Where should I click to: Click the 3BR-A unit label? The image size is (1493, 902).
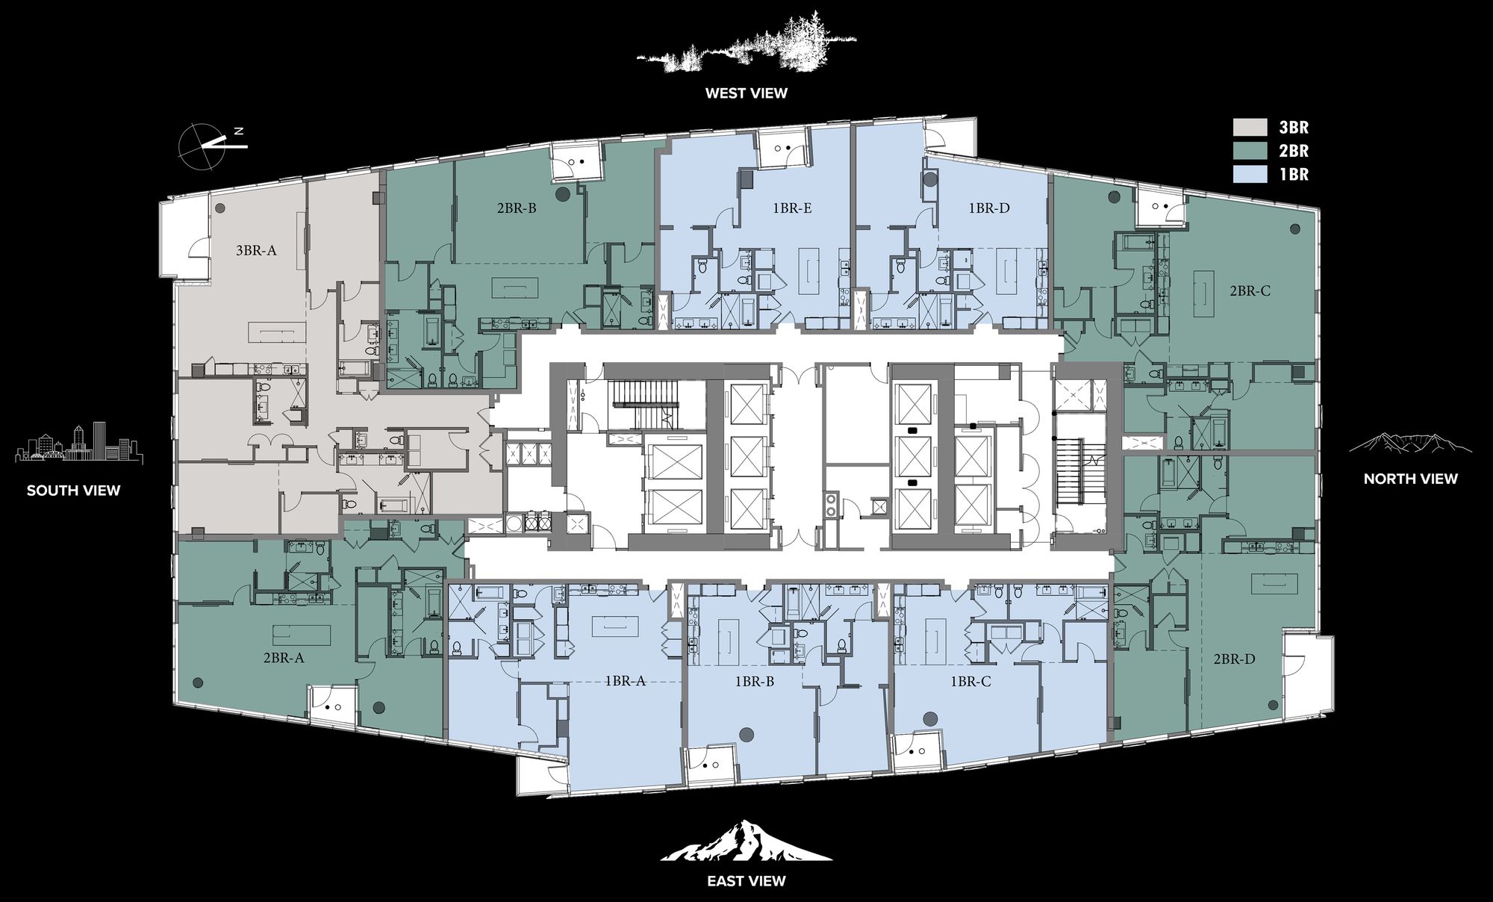[256, 251]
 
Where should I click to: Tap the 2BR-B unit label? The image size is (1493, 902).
[517, 208]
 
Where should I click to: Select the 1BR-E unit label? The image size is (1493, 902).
[791, 208]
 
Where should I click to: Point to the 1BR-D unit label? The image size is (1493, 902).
[989, 208]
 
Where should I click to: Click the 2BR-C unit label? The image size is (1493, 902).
[1250, 291]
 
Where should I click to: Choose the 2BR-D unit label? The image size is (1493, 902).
[1234, 659]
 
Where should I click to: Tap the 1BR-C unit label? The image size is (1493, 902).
[970, 682]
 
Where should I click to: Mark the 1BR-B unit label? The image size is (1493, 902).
[754, 682]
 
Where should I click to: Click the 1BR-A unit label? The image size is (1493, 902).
[625, 681]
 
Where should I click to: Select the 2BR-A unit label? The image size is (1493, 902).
[283, 659]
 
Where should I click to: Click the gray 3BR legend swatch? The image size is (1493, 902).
[1250, 128]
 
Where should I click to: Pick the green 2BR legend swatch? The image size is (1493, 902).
[1250, 151]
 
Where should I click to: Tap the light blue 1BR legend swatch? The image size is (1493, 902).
[1250, 174]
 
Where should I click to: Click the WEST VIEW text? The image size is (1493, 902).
[746, 93]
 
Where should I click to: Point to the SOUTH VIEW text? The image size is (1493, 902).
[73, 491]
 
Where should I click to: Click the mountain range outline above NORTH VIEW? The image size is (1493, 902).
[1411, 443]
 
